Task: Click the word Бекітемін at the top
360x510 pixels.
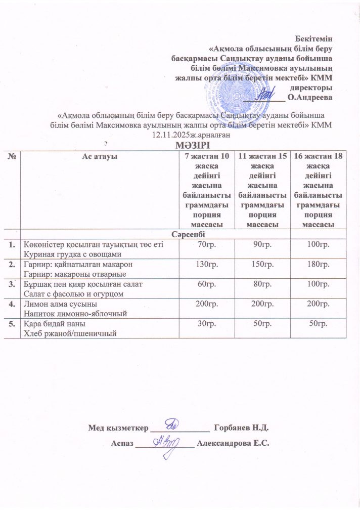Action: tap(316, 38)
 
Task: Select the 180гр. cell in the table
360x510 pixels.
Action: tap(319, 264)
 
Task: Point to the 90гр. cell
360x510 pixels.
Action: tap(262, 245)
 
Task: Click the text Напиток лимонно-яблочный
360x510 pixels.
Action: tap(72, 314)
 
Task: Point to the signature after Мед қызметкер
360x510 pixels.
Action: tap(173, 422)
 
